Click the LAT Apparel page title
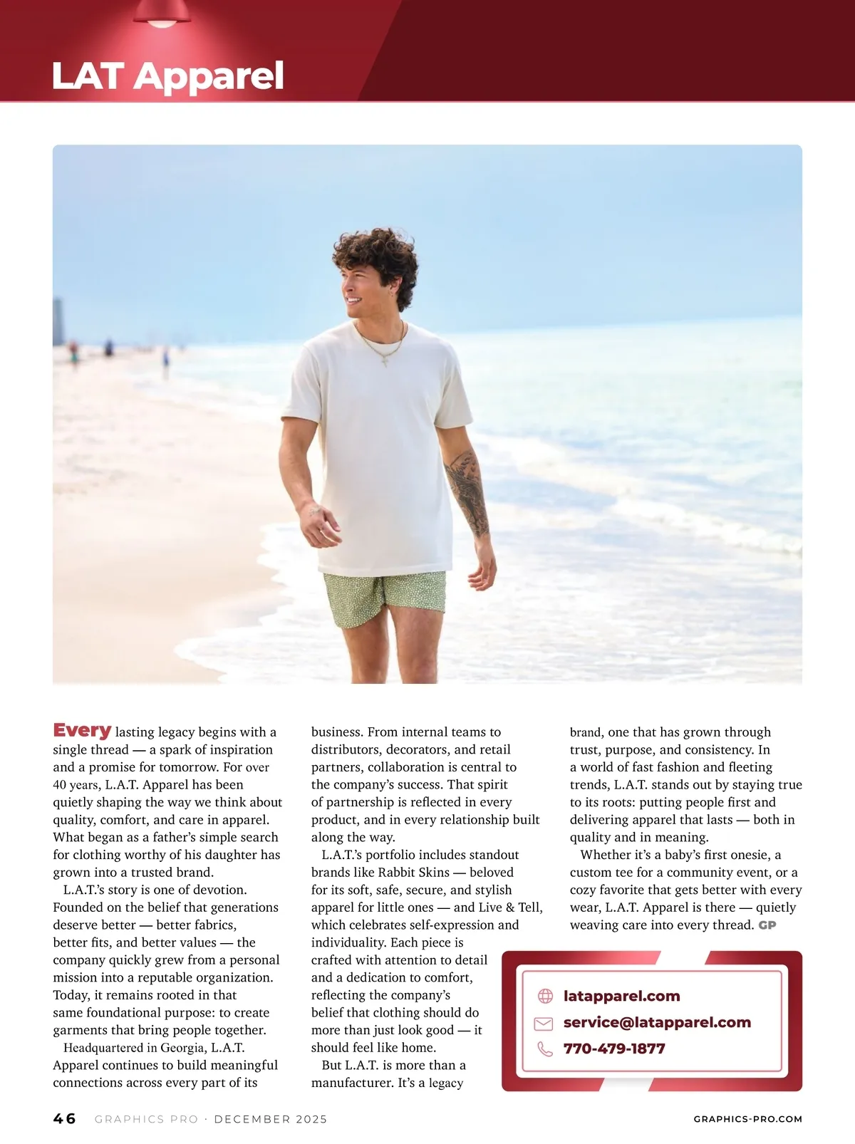[168, 76]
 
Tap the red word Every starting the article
[82, 730]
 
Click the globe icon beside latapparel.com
[545, 996]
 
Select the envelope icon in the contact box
[544, 1023]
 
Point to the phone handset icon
[545, 1049]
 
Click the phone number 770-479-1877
[614, 1049]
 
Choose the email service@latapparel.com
[657, 1022]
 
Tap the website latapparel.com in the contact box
[621, 996]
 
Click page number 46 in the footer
[64, 1118]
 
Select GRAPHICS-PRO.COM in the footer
[747, 1119]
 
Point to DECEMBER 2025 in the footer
[271, 1119]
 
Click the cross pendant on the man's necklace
[385, 361]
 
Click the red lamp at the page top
[162, 14]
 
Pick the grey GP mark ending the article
[767, 925]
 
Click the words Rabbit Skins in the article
[414, 872]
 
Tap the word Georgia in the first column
[183, 1047]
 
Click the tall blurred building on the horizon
[58, 321]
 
